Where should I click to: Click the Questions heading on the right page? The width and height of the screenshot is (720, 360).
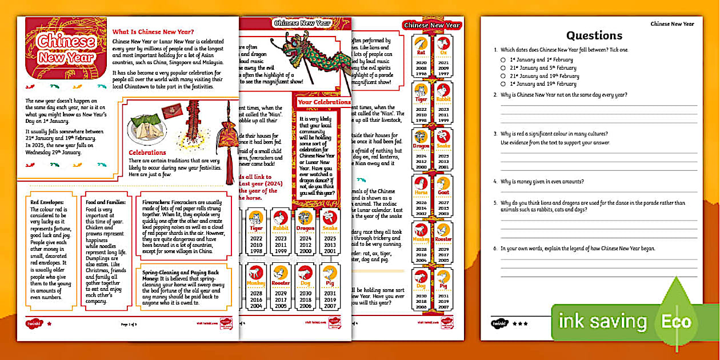pos(594,36)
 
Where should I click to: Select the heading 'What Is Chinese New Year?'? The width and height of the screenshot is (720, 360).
pos(154,32)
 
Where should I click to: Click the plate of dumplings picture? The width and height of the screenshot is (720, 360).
pos(147,130)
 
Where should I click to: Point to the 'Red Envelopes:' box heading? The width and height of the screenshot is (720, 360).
pos(47,202)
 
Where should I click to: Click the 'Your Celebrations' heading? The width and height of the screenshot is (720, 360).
pos(324,102)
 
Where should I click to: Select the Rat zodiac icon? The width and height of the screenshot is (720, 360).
pos(421,44)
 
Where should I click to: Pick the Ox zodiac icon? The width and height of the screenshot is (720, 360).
pos(443,44)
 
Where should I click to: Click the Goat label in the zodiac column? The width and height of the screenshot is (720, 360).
pos(443,193)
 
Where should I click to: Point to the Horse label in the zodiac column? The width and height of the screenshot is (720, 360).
pos(421,193)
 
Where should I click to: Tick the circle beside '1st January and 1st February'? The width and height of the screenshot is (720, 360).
pos(503,59)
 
